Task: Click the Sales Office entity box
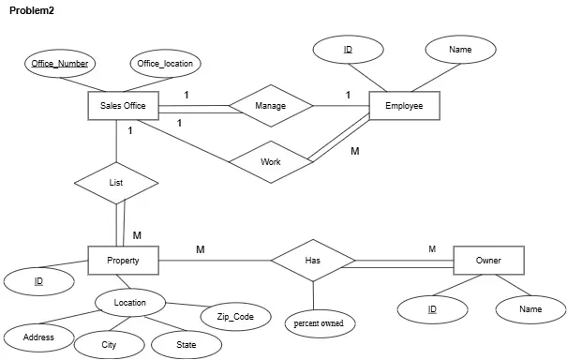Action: coord(123,106)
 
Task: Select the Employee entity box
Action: coord(404,106)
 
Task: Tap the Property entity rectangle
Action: coord(123,260)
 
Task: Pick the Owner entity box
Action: coord(488,260)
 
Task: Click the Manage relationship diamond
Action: coord(270,106)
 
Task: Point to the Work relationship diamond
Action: coord(271,162)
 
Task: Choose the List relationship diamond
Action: coord(116,182)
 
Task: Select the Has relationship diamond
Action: coord(313,260)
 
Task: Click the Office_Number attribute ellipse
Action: coord(60,64)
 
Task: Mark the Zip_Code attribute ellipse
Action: coord(235,317)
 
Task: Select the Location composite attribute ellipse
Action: coord(130,303)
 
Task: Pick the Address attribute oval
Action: coord(38,337)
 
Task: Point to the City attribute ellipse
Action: coord(110,344)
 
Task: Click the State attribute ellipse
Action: coord(187,344)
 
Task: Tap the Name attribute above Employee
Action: coord(460,49)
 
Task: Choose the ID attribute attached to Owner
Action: coord(432,308)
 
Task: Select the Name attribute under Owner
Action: coord(530,308)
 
